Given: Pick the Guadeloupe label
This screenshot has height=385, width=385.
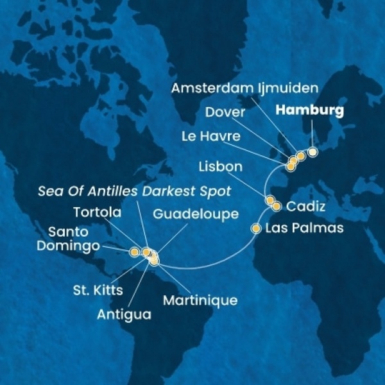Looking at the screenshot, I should click(192, 213).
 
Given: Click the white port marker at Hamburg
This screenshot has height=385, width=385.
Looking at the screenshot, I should click(312, 152).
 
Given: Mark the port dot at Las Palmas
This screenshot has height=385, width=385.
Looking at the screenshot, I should click(256, 228).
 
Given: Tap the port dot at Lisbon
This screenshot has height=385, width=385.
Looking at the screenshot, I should click(269, 200).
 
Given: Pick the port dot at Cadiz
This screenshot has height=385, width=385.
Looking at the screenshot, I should click(277, 207).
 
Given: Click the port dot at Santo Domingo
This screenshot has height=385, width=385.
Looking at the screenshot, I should click(134, 252).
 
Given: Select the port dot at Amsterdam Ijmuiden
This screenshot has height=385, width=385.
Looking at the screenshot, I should click(300, 157).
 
